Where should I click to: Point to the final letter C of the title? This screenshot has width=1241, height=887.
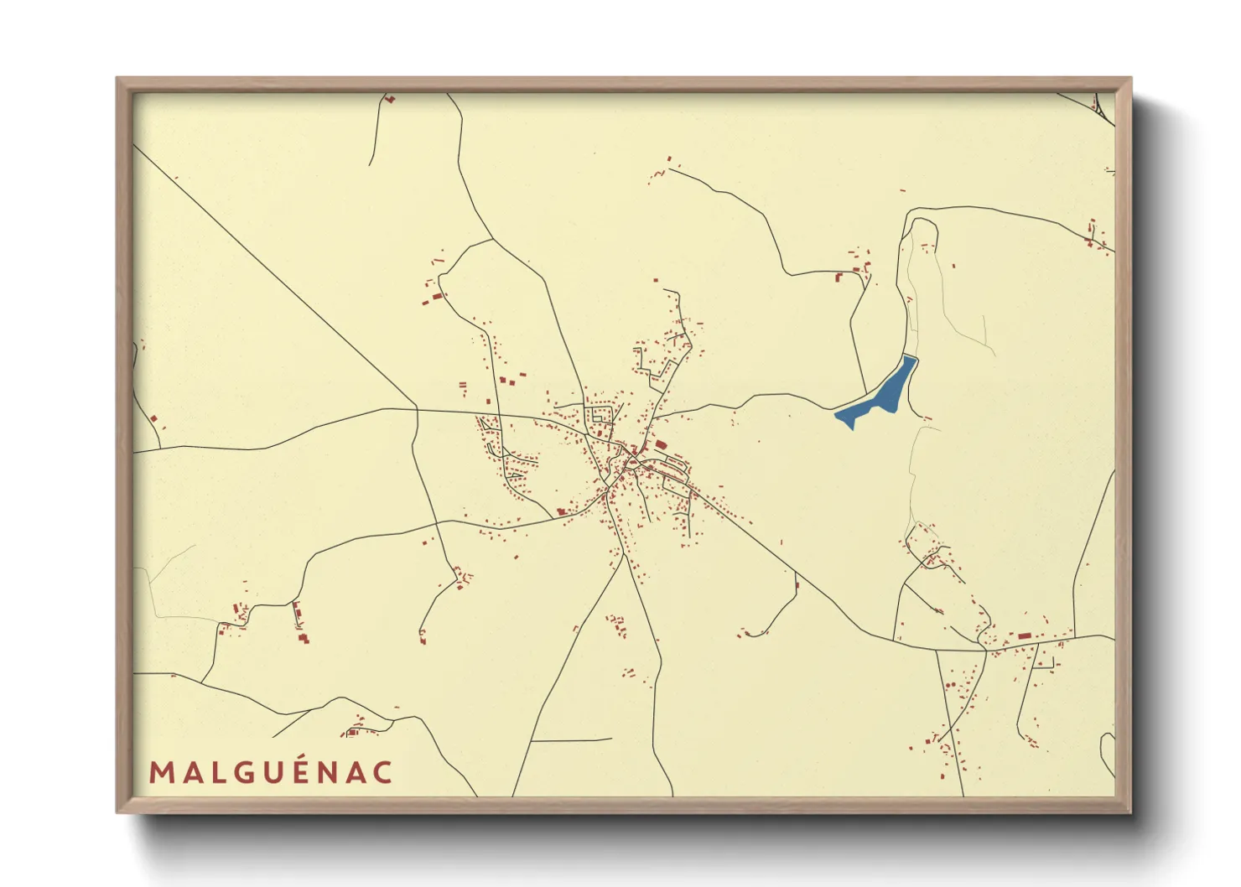pos(382,772)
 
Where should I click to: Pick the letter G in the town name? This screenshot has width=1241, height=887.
pos(245,772)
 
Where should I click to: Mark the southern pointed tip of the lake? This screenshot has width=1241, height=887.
pos(852,428)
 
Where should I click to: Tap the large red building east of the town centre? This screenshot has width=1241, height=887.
pos(661,444)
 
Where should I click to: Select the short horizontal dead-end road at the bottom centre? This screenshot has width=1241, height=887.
pos(570,740)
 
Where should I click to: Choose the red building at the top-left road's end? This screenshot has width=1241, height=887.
pos(389,100)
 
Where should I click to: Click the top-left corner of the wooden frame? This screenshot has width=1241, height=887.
pos(119,80)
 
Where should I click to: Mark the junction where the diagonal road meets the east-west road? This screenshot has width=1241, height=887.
pos(417,409)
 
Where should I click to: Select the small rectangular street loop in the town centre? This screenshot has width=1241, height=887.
pos(601,414)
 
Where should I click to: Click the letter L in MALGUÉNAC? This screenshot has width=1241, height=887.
pos(216,772)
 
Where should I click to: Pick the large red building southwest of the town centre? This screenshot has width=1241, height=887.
pos(561,511)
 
